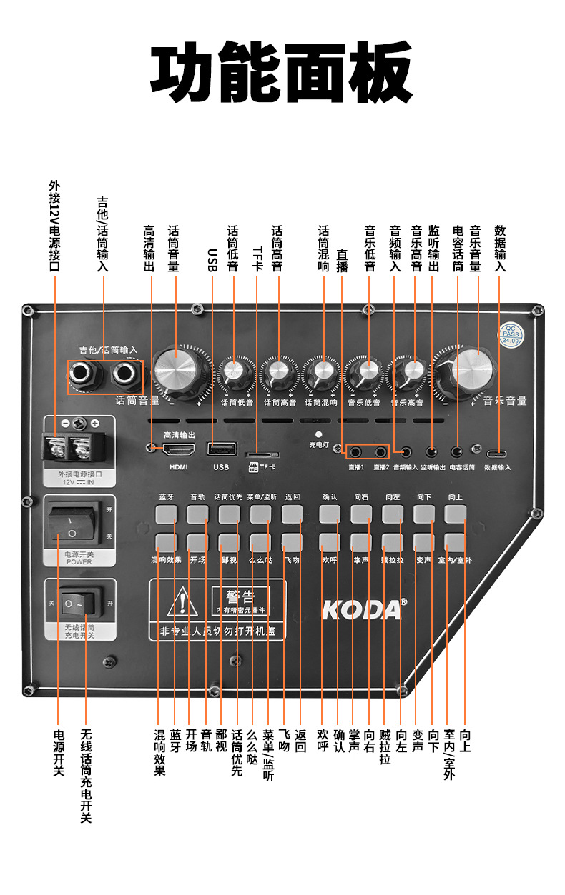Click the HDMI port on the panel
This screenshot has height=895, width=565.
pos(180,449)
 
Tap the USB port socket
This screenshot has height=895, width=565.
pos(221,449)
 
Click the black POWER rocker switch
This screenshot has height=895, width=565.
pos(72,525)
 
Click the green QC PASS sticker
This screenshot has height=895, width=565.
pos(510,335)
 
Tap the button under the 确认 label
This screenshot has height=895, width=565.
pos(330,514)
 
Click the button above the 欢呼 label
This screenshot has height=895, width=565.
pos(330,541)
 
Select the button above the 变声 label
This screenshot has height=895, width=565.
pos(424,541)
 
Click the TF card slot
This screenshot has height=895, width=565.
pos(262,454)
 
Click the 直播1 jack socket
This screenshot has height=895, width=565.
pos(355,451)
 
